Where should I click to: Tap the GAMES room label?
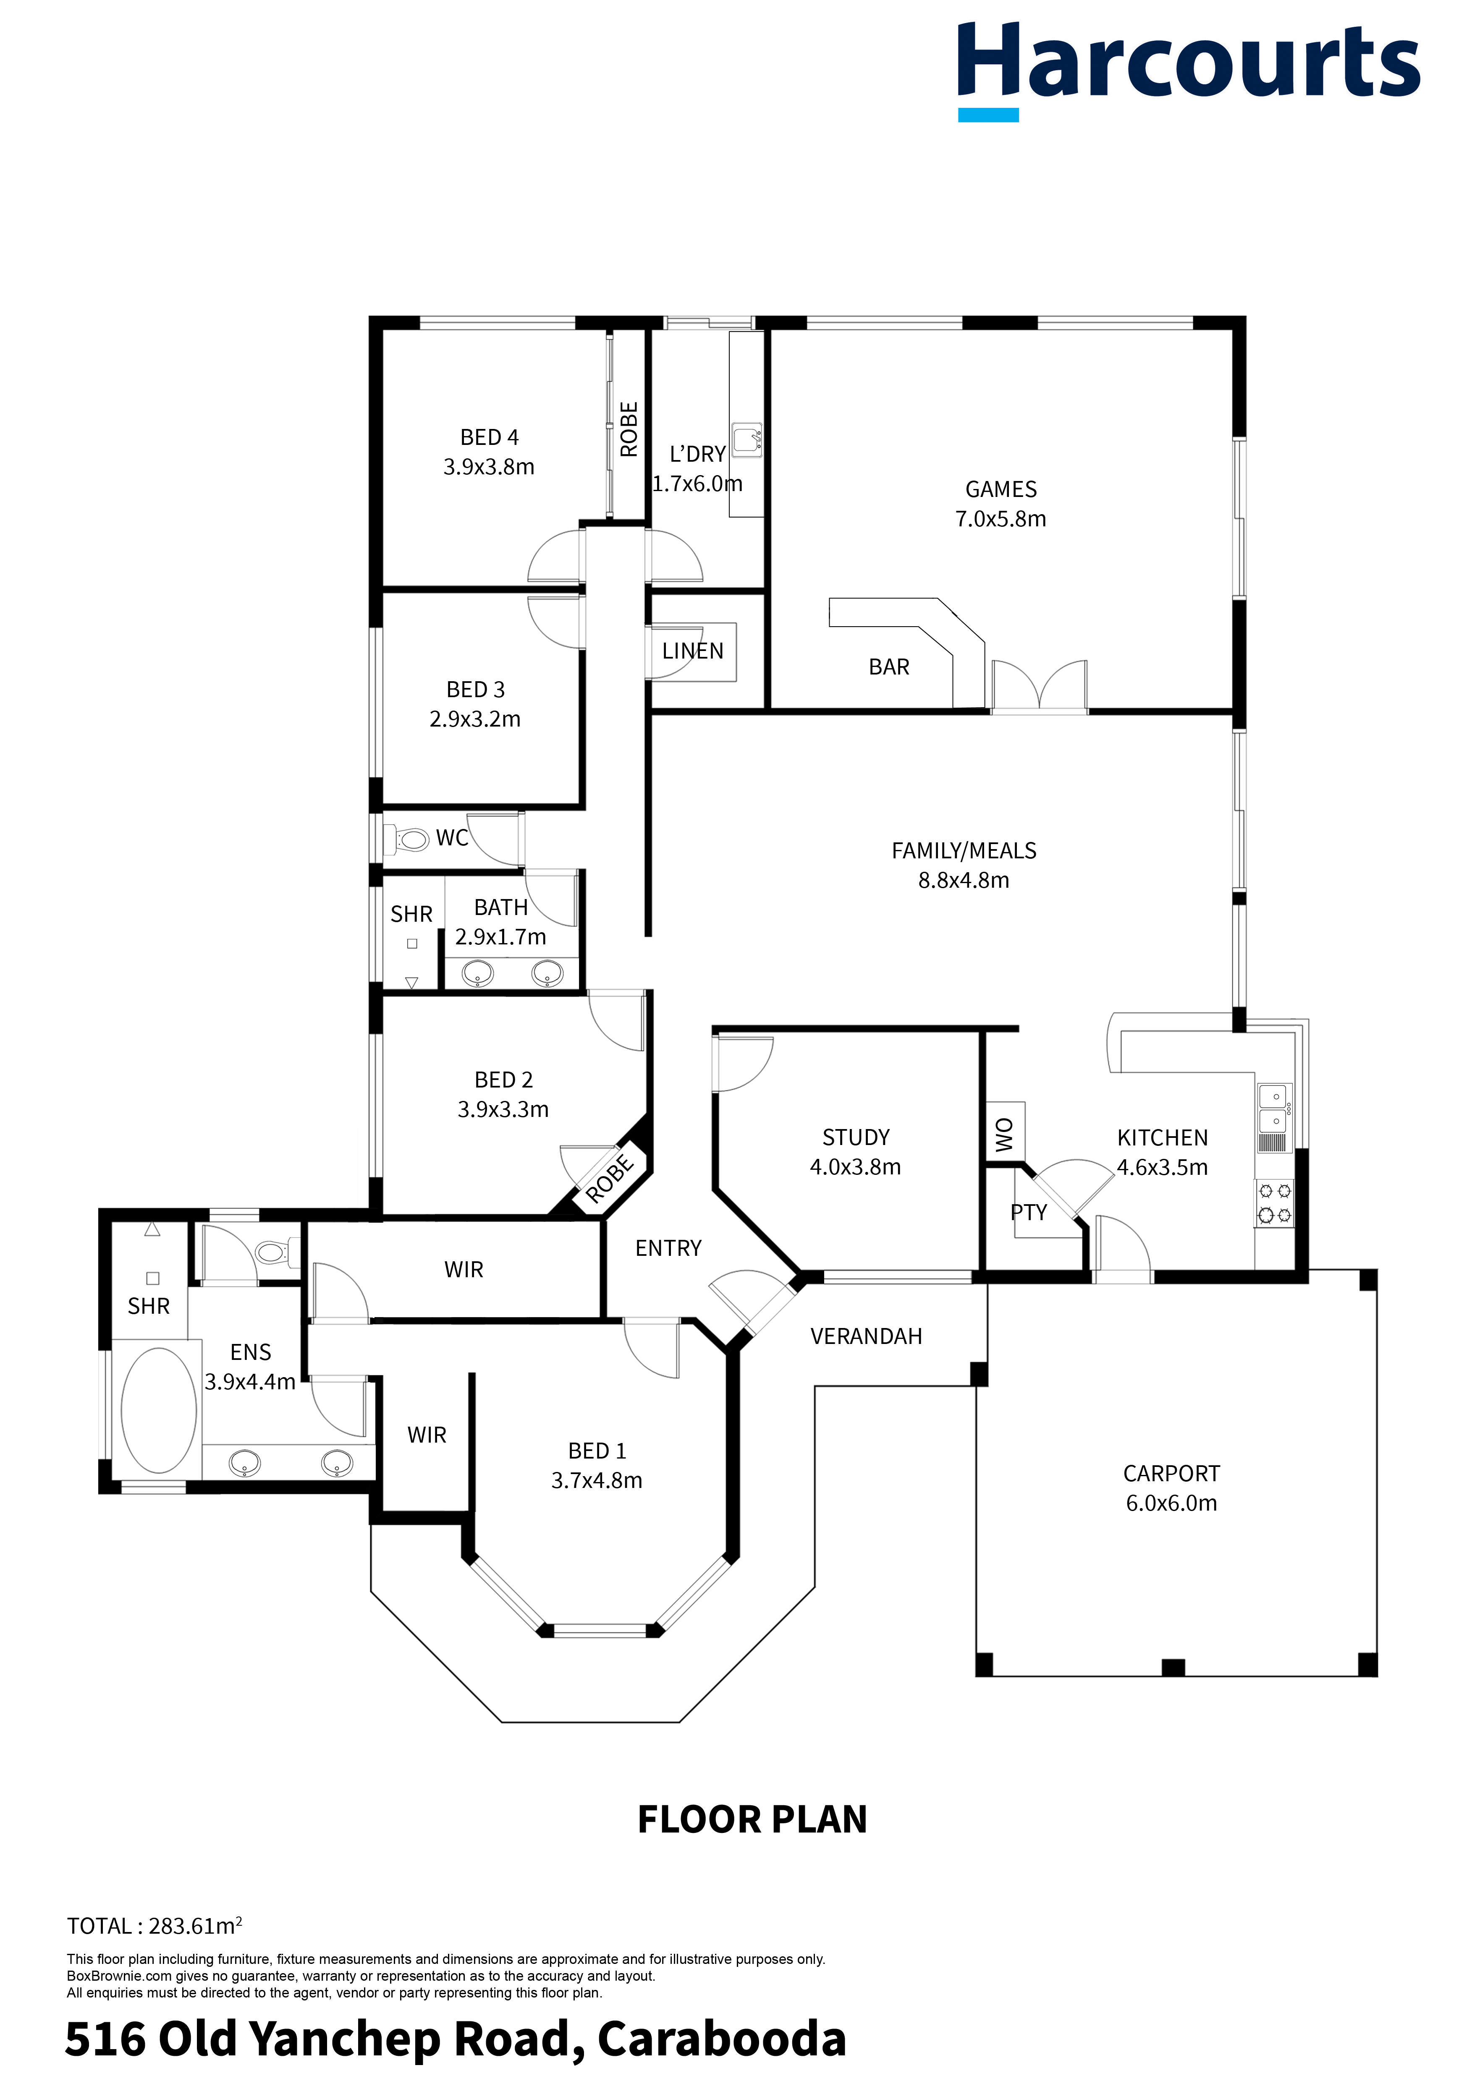click(1001, 489)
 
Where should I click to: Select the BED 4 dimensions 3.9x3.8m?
click(489, 467)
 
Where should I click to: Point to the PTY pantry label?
click(1029, 1213)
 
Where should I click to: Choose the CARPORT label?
click(1171, 1474)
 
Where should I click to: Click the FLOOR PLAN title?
click(752, 1819)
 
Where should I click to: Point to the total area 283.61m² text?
click(154, 1926)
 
